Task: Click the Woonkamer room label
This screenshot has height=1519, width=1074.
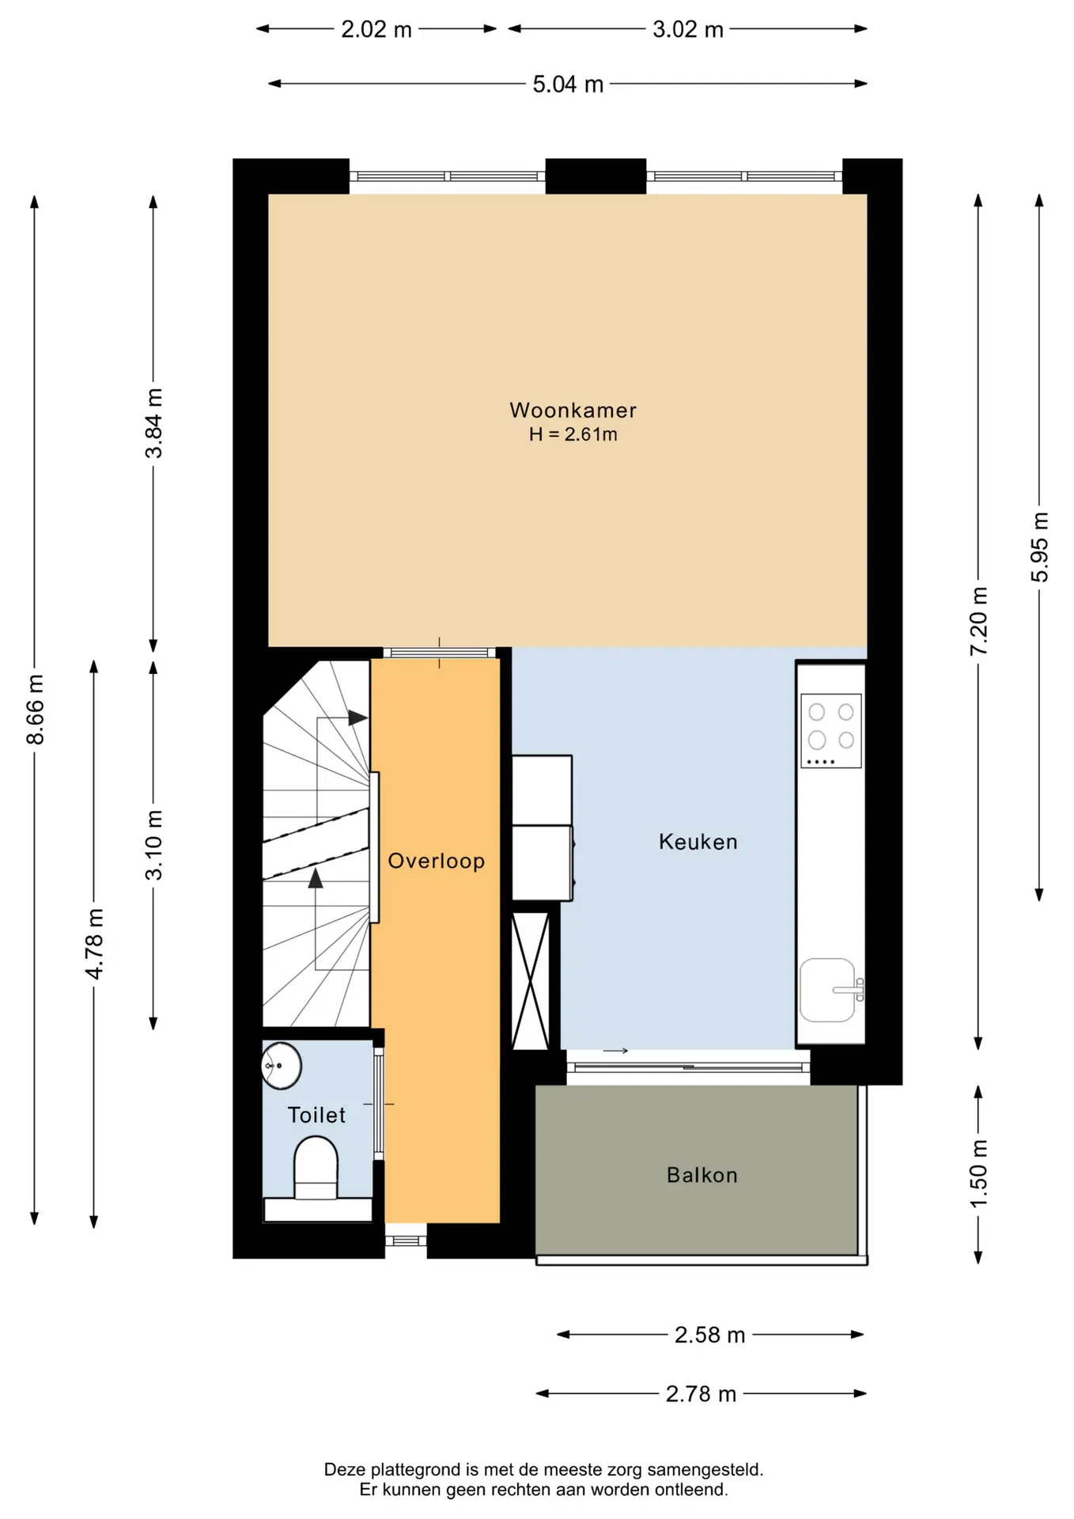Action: point(573,410)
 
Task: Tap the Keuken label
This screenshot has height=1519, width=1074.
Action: point(698,841)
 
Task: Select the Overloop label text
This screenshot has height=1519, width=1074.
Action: point(436,861)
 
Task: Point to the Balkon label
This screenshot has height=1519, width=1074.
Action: point(702,1175)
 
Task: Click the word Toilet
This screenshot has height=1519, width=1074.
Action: point(316,1115)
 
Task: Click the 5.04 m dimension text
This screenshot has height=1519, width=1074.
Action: point(568,84)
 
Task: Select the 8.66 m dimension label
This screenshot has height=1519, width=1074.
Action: point(35,710)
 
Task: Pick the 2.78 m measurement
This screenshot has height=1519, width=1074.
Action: point(701,1393)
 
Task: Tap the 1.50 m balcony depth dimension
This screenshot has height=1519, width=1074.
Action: point(978,1174)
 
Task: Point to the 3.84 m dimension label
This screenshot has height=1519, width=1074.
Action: point(153,423)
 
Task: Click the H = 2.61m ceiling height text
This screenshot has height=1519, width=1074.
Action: point(573,434)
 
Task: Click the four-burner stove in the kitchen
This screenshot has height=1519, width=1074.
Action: point(830,730)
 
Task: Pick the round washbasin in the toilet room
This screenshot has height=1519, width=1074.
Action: point(281,1066)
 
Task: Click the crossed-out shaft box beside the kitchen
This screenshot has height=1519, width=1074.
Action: point(530,981)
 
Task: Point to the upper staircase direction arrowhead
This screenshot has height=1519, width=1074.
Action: point(357,718)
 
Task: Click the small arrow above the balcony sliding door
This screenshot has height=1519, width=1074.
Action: point(615,1051)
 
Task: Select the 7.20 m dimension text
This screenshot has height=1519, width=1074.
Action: point(978,621)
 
